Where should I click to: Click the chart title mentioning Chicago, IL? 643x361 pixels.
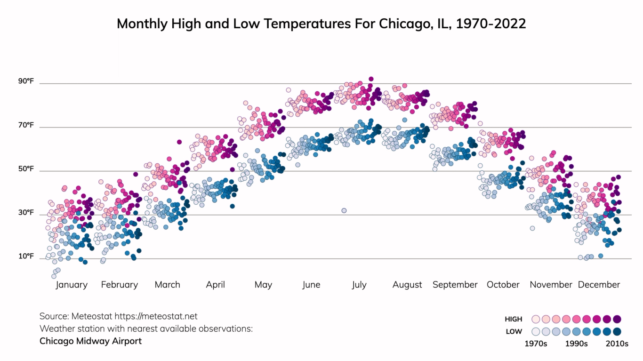tap(321, 24)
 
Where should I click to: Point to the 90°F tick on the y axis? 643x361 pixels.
tap(26, 81)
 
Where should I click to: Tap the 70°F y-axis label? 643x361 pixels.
tap(26, 125)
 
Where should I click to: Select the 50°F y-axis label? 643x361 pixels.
tap(26, 169)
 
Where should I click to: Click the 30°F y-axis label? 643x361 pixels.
tap(26, 213)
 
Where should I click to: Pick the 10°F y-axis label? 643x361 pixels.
tap(26, 257)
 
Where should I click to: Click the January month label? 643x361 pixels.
tap(72, 285)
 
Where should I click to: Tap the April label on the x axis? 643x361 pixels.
tap(216, 285)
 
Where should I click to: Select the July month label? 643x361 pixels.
tap(359, 285)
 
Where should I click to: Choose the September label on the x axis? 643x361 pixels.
tap(455, 285)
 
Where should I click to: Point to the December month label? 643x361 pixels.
tap(599, 285)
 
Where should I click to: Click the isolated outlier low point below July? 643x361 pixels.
tap(344, 210)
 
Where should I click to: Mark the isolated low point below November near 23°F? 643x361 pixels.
tap(532, 228)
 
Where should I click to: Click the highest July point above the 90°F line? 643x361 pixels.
tap(371, 79)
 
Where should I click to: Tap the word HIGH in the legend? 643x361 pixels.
tap(514, 319)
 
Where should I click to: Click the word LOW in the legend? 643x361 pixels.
tap(514, 331)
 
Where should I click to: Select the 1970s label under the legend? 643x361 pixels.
tap(536, 344)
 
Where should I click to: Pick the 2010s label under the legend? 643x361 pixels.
tap(617, 344)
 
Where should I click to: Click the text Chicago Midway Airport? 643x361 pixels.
tap(90, 341)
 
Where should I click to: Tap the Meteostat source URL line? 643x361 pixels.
tap(119, 316)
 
